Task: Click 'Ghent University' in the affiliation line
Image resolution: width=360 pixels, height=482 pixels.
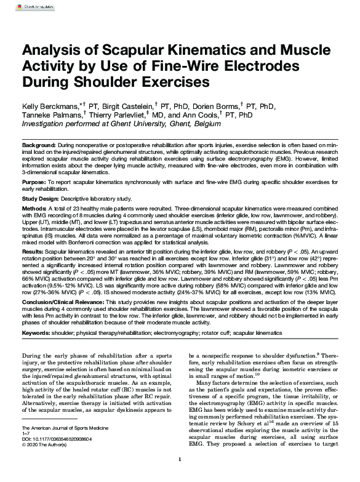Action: [124, 123]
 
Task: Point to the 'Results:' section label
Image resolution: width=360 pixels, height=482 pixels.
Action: [33, 252]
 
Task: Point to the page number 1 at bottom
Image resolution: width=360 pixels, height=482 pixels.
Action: [179, 476]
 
